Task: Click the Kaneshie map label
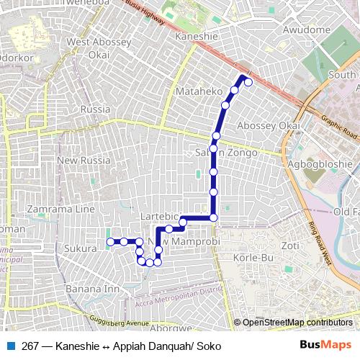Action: [196, 35]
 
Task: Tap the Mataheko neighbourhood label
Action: [198, 92]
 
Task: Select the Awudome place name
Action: [305, 30]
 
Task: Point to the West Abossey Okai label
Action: [99, 48]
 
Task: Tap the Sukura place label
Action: [80, 248]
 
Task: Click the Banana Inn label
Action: [92, 289]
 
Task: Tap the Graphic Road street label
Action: [339, 127]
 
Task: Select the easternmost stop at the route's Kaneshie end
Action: [248, 82]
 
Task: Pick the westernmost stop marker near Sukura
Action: [109, 242]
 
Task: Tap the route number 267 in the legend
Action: [31, 346]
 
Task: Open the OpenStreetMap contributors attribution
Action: [297, 323]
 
